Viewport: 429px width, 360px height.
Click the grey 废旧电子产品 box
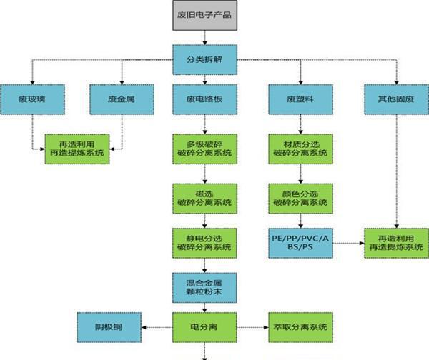pyautogui.click(x=204, y=15)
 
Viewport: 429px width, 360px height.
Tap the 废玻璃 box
pyautogui.click(x=31, y=99)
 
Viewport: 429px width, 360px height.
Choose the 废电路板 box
pyautogui.click(x=204, y=99)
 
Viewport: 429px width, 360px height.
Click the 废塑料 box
pyautogui.click(x=300, y=99)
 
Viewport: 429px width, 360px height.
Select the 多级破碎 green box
pyautogui.click(x=204, y=149)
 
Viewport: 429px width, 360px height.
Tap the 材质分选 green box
pyautogui.click(x=300, y=149)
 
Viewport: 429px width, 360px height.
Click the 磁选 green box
pyautogui.click(x=204, y=197)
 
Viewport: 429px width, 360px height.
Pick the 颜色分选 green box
pyautogui.click(x=300, y=197)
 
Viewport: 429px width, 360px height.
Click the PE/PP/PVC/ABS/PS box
pyautogui.click(x=300, y=242)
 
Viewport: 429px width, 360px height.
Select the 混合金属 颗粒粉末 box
pyautogui.click(x=204, y=286)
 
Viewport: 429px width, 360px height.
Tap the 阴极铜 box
pyautogui.click(x=109, y=327)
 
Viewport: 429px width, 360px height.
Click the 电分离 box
pyautogui.click(x=204, y=327)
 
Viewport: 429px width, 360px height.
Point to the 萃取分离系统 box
pyautogui.click(x=300, y=327)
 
